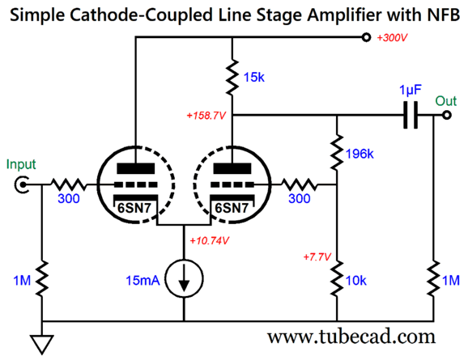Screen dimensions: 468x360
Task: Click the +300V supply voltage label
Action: tap(392, 38)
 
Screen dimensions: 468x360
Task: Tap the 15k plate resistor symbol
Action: tap(232, 77)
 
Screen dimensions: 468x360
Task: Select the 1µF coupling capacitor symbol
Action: tap(411, 115)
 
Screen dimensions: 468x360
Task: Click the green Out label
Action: tap(446, 101)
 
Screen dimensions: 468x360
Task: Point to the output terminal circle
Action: tap(446, 115)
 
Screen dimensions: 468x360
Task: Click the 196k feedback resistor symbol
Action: tap(337, 153)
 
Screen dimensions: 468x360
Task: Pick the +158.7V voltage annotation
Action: tap(206, 116)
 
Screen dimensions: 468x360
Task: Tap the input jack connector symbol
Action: tap(22, 185)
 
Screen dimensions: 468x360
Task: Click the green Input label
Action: tap(21, 164)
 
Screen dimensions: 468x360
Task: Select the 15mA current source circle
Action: tap(184, 278)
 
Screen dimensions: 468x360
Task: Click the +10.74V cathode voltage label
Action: tap(209, 241)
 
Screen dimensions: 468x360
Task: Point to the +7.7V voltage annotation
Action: tap(317, 256)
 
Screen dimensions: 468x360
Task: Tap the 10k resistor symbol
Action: tap(337, 278)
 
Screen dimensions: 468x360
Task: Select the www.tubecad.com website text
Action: tap(351, 337)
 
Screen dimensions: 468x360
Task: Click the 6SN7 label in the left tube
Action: tap(134, 208)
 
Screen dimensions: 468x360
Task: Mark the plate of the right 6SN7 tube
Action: tap(232, 168)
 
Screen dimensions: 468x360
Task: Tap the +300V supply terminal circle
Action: tap(366, 37)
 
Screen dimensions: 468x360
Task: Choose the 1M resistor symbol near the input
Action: tap(42, 278)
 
